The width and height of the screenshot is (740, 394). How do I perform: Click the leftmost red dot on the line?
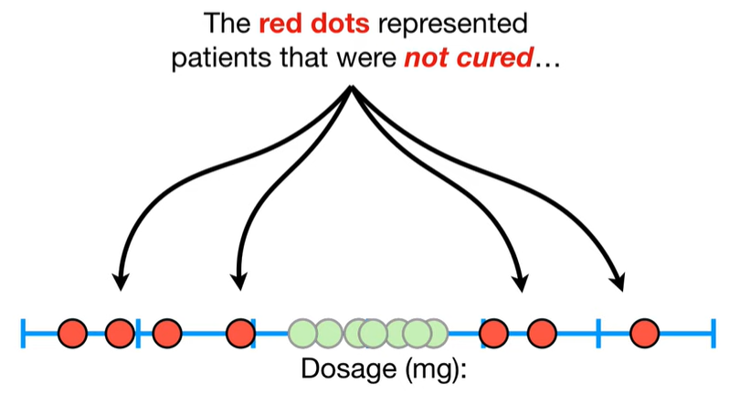click(x=73, y=333)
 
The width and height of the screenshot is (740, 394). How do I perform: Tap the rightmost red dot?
click(x=644, y=333)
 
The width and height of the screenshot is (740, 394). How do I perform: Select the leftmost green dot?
click(x=302, y=333)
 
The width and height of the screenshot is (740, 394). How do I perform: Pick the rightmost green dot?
click(x=433, y=333)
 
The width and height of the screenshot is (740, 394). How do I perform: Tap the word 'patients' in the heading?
click(x=222, y=59)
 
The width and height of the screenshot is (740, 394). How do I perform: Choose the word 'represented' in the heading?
click(x=452, y=24)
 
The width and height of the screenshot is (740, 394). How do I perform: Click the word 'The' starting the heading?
click(x=227, y=23)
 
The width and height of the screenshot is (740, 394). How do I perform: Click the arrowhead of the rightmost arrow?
click(x=618, y=282)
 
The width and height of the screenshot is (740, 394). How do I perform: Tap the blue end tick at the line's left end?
click(x=23, y=333)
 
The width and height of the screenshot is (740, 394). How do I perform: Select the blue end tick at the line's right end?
click(x=714, y=333)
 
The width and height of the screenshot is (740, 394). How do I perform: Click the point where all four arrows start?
click(x=352, y=87)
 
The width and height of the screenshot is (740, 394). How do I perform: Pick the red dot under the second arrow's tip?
click(x=240, y=333)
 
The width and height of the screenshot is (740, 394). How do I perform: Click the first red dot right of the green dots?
click(x=493, y=333)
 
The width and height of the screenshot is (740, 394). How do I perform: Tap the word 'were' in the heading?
click(x=366, y=58)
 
